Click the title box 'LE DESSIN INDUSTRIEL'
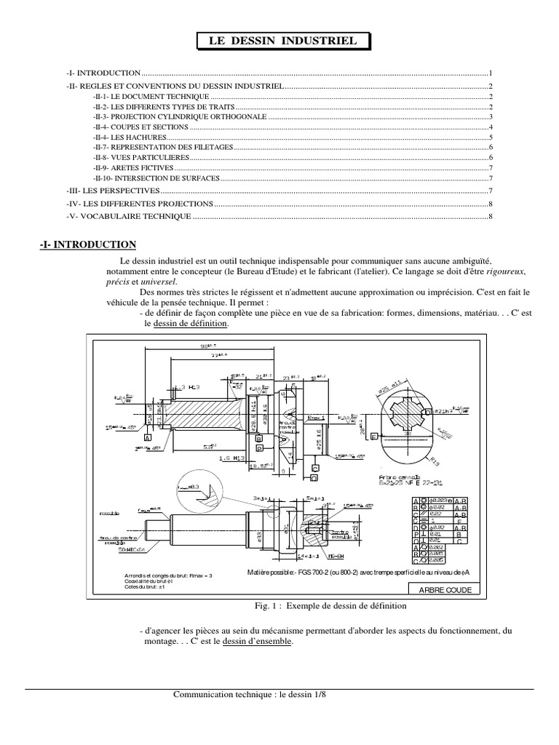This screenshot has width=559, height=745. (x=283, y=42)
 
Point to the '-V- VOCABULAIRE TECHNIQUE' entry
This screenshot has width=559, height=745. (x=128, y=216)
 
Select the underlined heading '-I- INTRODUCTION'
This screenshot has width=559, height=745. (x=87, y=245)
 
